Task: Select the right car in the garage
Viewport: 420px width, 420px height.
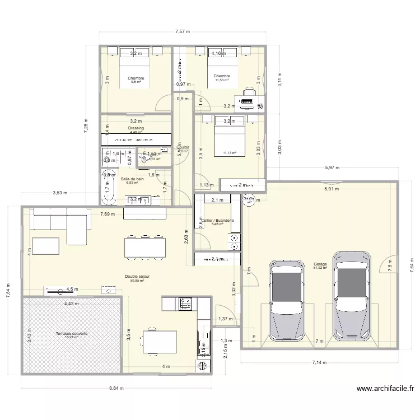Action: pos(352,295)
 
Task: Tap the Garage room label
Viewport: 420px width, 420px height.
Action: pos(320,264)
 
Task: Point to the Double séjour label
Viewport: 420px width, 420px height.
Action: pos(137,277)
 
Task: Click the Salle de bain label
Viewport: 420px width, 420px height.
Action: pos(132,179)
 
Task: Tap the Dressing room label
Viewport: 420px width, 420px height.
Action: pos(136,128)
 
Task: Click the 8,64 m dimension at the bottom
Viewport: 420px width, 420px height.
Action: pos(117,388)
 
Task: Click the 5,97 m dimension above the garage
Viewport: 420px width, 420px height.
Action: pos(333,167)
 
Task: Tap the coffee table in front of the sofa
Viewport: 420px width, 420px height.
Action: pos(45,246)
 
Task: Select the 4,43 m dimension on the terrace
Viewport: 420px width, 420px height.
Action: pos(72,304)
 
